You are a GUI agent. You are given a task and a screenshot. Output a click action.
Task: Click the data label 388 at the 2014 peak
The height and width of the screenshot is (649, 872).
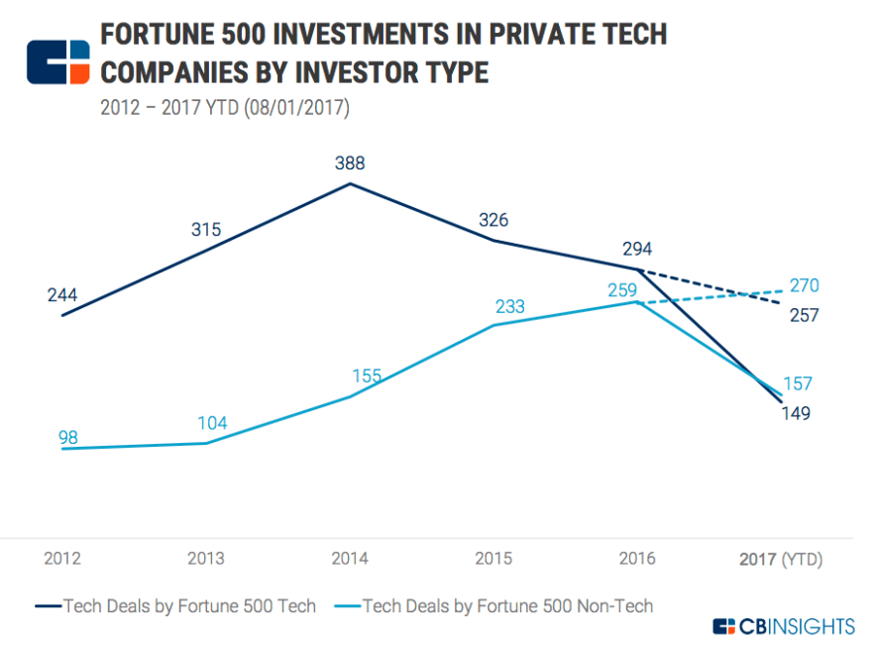point(350,163)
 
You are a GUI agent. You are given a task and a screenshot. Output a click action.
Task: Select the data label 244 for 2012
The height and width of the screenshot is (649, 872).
point(61,295)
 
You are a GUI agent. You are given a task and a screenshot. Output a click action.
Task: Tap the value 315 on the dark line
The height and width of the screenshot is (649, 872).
point(205,230)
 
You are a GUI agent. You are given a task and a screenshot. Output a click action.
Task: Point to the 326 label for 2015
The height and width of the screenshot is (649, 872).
point(494,219)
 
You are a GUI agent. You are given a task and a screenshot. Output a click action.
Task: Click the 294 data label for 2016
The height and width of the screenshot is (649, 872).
point(637,249)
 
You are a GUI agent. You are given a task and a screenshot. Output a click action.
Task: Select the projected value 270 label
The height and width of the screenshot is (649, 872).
point(804,286)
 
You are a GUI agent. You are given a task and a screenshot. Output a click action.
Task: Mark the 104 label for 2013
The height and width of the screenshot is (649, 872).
point(210,423)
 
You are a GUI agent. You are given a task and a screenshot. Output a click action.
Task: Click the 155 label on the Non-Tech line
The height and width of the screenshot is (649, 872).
point(367,377)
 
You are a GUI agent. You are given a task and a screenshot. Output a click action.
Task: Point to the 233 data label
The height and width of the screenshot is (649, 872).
point(510,306)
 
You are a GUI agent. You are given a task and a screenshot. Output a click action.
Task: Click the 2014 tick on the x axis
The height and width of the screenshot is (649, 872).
point(350,559)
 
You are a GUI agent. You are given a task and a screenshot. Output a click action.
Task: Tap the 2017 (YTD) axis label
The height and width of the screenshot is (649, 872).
point(781,559)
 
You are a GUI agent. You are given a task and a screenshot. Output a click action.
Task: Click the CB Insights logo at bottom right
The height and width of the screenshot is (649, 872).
point(783,625)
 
